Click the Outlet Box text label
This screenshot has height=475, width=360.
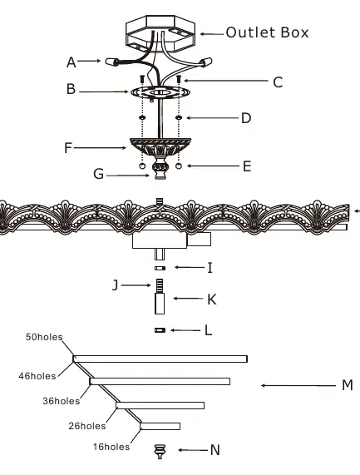pyautogui.click(x=267, y=32)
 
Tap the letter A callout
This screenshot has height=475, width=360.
pyautogui.click(x=72, y=62)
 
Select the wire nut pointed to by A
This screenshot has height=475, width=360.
pyautogui.click(x=111, y=62)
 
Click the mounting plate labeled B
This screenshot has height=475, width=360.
pyautogui.click(x=160, y=92)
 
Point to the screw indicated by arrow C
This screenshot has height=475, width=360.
pyautogui.click(x=179, y=80)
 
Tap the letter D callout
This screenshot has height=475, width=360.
pyautogui.click(x=246, y=118)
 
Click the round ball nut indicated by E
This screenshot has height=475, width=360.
pyautogui.click(x=179, y=166)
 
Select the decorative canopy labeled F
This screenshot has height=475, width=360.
pyautogui.click(x=160, y=147)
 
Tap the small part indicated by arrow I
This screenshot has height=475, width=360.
pyautogui.click(x=160, y=268)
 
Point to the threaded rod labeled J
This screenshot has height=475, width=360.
pyautogui.click(x=160, y=285)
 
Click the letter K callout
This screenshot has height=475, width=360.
pyautogui.click(x=212, y=299)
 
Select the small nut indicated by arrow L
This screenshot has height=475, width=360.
pyautogui.click(x=160, y=330)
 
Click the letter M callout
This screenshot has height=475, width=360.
pyautogui.click(x=348, y=385)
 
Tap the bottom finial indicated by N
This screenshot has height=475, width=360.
pyautogui.click(x=160, y=452)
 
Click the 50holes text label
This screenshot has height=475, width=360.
pyautogui.click(x=44, y=337)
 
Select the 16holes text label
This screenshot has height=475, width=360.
pyautogui.click(x=111, y=447)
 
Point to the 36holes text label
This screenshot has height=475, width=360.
pyautogui.click(x=62, y=401)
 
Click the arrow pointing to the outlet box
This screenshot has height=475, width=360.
pyautogui.click(x=212, y=34)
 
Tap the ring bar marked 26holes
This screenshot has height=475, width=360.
pyautogui.click(x=160, y=426)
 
